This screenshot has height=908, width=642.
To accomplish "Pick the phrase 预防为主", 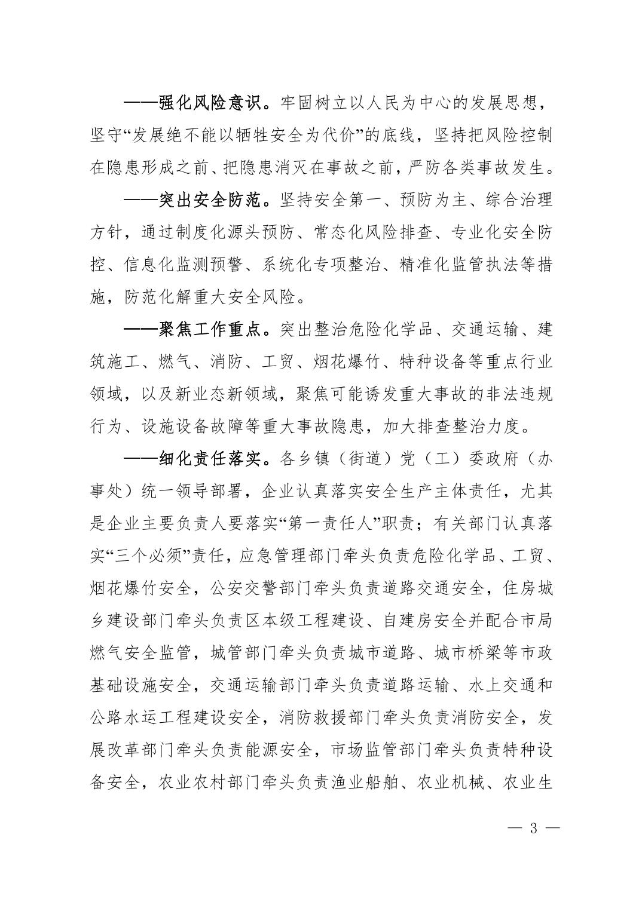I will point(418,201).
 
